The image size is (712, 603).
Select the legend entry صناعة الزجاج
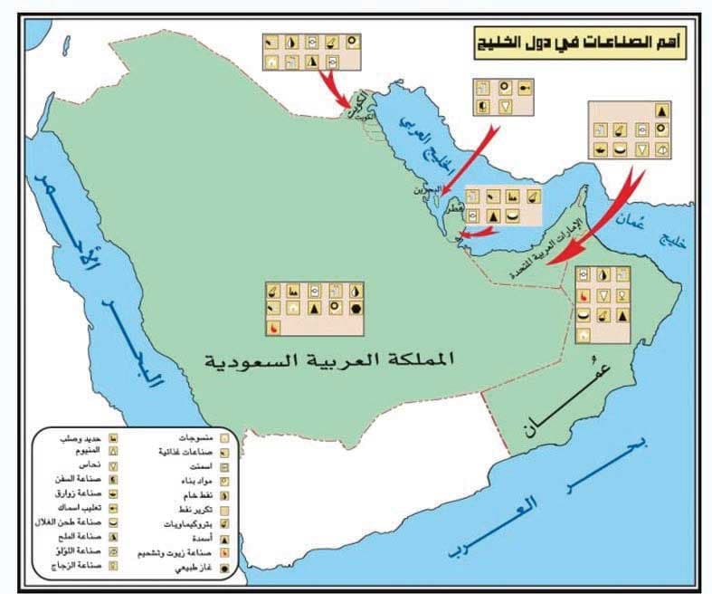coord(81,565)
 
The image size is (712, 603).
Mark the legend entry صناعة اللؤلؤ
coord(82,550)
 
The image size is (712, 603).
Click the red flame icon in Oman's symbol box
coord(584,295)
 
